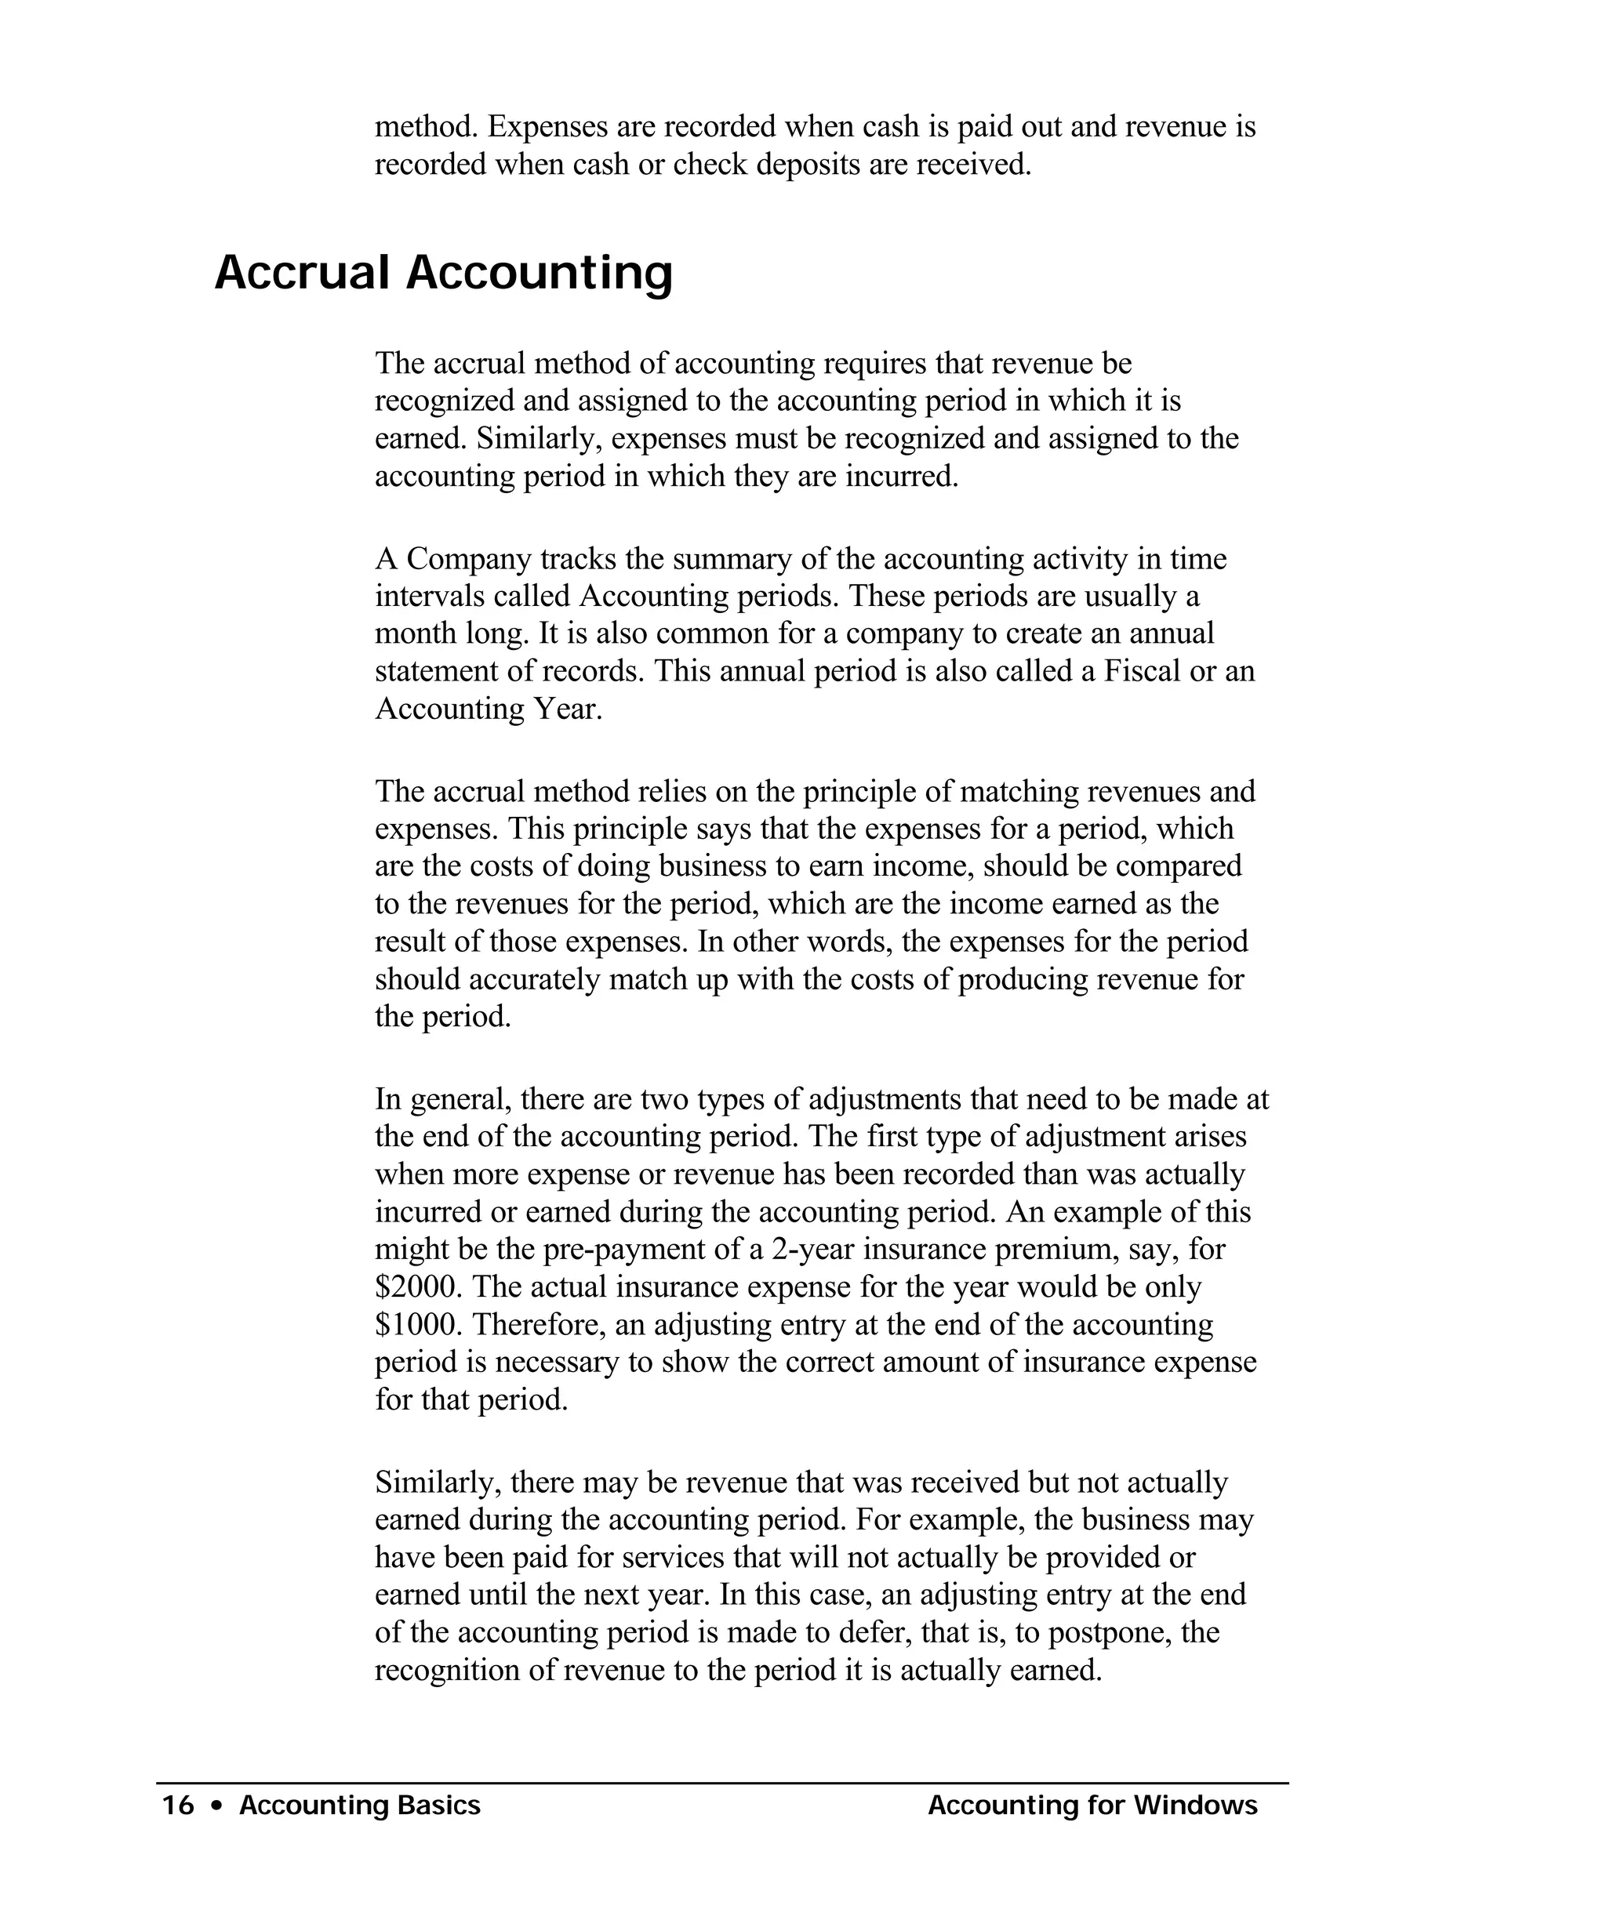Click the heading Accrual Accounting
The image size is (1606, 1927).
pos(443,273)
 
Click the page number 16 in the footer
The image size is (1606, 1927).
pos(178,1805)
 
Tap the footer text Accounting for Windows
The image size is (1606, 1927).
pos(1092,1805)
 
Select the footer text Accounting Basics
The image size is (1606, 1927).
pos(360,1805)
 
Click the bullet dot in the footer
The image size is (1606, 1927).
pos(216,1805)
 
